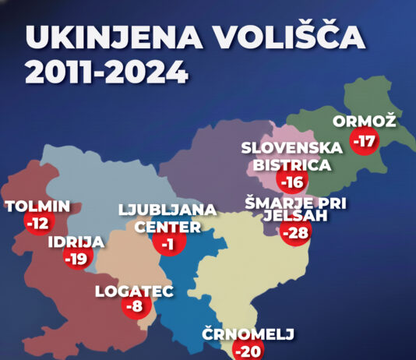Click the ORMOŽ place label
point(365,121)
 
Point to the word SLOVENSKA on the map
point(291,147)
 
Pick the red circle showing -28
point(294,232)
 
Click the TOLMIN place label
point(37,206)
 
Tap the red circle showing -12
point(37,224)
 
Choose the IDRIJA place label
point(76,242)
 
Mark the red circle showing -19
point(76,259)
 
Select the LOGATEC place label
point(133,292)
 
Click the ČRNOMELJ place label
point(249,334)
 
